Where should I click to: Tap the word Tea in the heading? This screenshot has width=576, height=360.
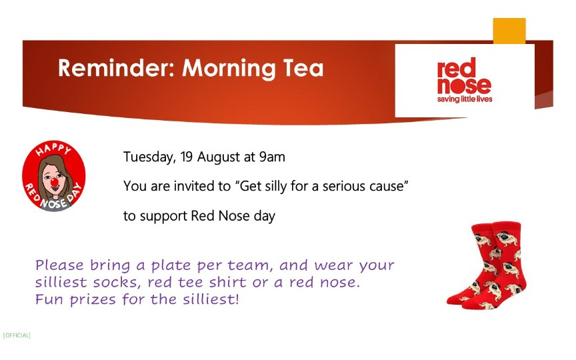click(x=303, y=68)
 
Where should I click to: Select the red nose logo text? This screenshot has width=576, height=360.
click(x=464, y=76)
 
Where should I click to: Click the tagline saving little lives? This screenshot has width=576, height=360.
click(x=465, y=99)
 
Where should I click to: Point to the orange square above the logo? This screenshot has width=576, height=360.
click(x=509, y=31)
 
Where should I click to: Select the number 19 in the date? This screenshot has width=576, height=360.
click(x=187, y=157)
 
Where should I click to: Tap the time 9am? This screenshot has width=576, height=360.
click(x=272, y=157)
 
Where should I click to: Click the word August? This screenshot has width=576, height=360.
click(x=219, y=157)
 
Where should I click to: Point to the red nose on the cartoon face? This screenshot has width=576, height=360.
click(x=55, y=181)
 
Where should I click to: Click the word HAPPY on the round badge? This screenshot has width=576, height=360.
click(x=53, y=149)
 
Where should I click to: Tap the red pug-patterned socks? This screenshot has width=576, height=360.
click(x=486, y=265)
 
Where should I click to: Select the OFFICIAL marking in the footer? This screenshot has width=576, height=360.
click(x=17, y=335)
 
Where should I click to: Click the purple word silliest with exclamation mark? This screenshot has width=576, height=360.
click(x=211, y=299)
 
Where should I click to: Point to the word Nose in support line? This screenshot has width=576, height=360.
click(x=233, y=215)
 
